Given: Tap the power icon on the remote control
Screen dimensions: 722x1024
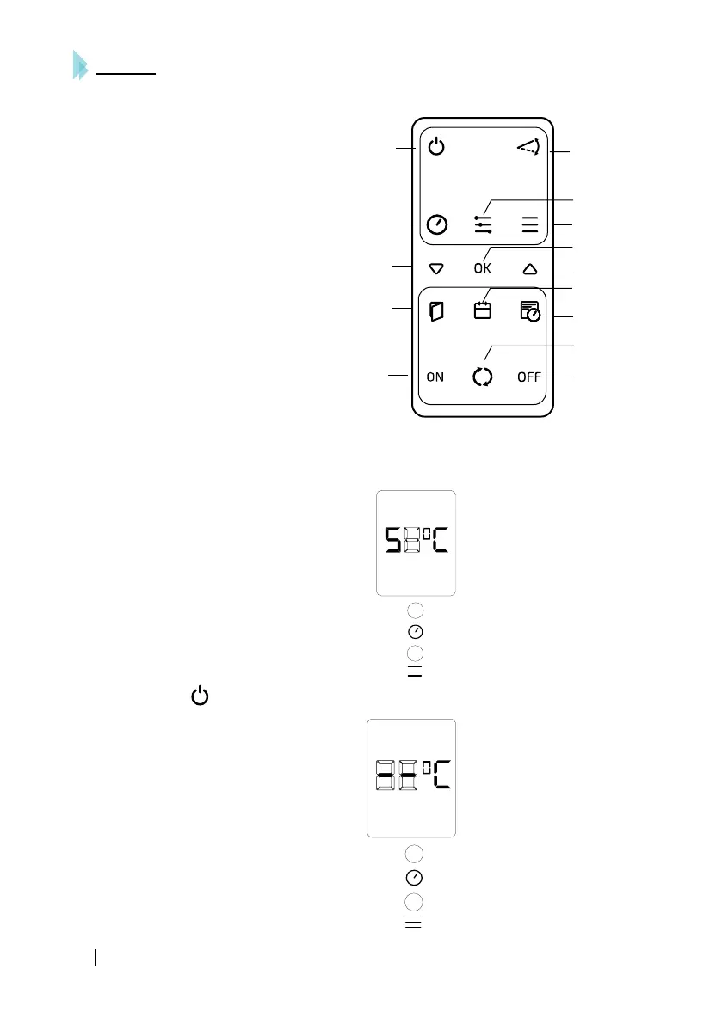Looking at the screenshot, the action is (437, 148).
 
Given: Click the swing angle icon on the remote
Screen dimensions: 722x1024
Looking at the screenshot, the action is (528, 148).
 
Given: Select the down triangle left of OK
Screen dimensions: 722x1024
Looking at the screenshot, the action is (435, 268).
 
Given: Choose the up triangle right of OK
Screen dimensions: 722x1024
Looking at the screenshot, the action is (529, 268).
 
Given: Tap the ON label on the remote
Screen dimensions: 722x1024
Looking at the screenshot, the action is (435, 377).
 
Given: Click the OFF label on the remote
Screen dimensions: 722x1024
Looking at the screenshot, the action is (529, 377).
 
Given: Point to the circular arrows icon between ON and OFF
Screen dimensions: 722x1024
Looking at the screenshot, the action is (483, 377).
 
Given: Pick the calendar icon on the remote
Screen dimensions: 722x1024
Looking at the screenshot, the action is (483, 311).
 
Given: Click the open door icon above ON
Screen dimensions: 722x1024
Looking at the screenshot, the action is (437, 311).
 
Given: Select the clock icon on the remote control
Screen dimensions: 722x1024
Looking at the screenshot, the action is (437, 225).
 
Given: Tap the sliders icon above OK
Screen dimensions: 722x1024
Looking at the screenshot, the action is (483, 224).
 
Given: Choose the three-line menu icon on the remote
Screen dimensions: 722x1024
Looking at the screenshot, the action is (529, 225).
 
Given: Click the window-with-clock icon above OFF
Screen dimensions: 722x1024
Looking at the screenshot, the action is (530, 311).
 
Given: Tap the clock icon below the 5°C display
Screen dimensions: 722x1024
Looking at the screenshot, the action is (415, 632).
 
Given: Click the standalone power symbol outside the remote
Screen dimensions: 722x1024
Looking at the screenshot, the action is (199, 696).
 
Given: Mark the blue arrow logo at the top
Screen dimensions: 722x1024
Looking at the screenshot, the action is (80, 65).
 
